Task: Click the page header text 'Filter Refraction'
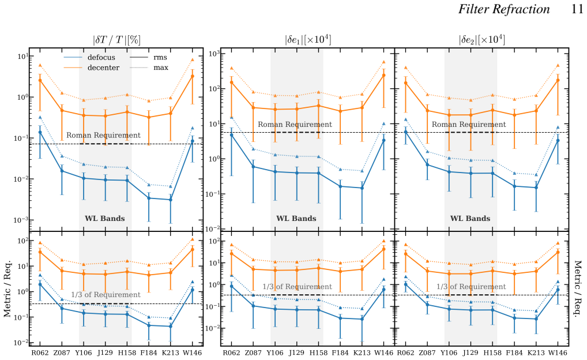tap(504, 9)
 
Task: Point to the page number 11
tap(577, 9)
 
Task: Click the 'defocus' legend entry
tap(89, 57)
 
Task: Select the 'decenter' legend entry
tap(92, 67)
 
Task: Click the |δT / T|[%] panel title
tap(117, 40)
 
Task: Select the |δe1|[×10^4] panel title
tap(308, 40)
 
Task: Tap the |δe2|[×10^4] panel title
tap(482, 40)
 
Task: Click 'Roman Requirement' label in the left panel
tap(103, 135)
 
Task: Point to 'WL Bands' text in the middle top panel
tap(296, 219)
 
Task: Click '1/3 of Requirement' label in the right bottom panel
tap(471, 287)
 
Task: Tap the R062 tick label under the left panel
tap(40, 352)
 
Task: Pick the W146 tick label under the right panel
tap(558, 352)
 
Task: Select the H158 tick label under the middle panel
tap(318, 352)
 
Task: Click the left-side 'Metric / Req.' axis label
tap(8, 288)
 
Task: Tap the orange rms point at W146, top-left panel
tap(193, 76)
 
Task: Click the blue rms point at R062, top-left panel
tap(40, 132)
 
